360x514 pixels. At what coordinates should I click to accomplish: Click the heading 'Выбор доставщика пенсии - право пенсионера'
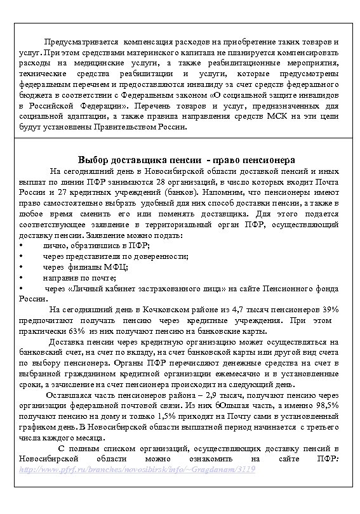[180, 159]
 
